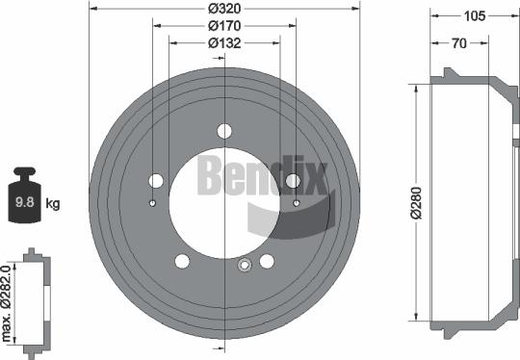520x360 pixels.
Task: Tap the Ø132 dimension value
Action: (x=224, y=42)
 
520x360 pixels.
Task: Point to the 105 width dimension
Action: (x=472, y=16)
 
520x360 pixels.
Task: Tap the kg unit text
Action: (x=54, y=203)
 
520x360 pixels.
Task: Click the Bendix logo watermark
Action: (x=262, y=179)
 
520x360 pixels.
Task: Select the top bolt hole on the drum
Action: (x=224, y=131)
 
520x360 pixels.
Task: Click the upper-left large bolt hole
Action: (x=156, y=180)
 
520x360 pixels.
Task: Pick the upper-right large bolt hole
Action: (x=294, y=180)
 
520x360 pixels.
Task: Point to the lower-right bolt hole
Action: (x=268, y=261)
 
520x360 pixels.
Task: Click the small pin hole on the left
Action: (x=153, y=203)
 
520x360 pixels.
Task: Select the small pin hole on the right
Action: (x=296, y=203)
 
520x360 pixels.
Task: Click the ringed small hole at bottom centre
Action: (x=244, y=266)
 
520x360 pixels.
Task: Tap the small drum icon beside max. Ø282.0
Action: (x=33, y=299)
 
